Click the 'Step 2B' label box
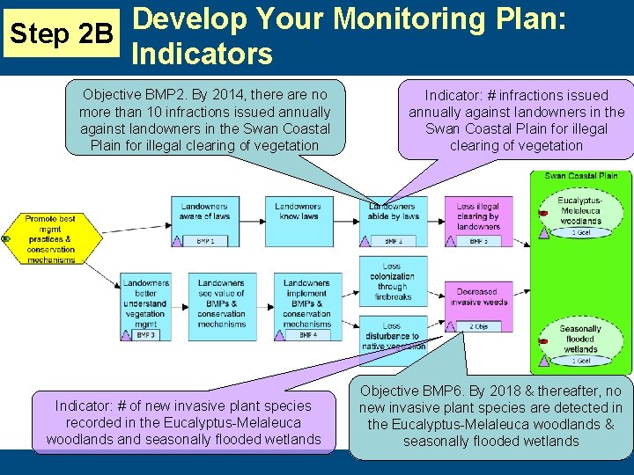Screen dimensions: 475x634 [59, 34]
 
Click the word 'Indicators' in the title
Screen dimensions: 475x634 [202, 55]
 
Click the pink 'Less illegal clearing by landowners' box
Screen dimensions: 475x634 [478, 216]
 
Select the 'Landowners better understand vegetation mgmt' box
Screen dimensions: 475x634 [145, 304]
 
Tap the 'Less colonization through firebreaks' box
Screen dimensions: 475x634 [392, 280]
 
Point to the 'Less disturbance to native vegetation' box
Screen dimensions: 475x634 [392, 335]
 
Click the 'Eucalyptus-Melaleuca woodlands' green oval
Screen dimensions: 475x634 [580, 211]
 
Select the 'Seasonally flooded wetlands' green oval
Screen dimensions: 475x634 [580, 339]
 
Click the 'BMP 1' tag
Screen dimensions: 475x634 [204, 240]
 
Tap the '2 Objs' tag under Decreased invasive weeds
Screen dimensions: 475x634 [478, 326]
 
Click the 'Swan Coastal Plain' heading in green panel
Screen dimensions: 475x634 [580, 176]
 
